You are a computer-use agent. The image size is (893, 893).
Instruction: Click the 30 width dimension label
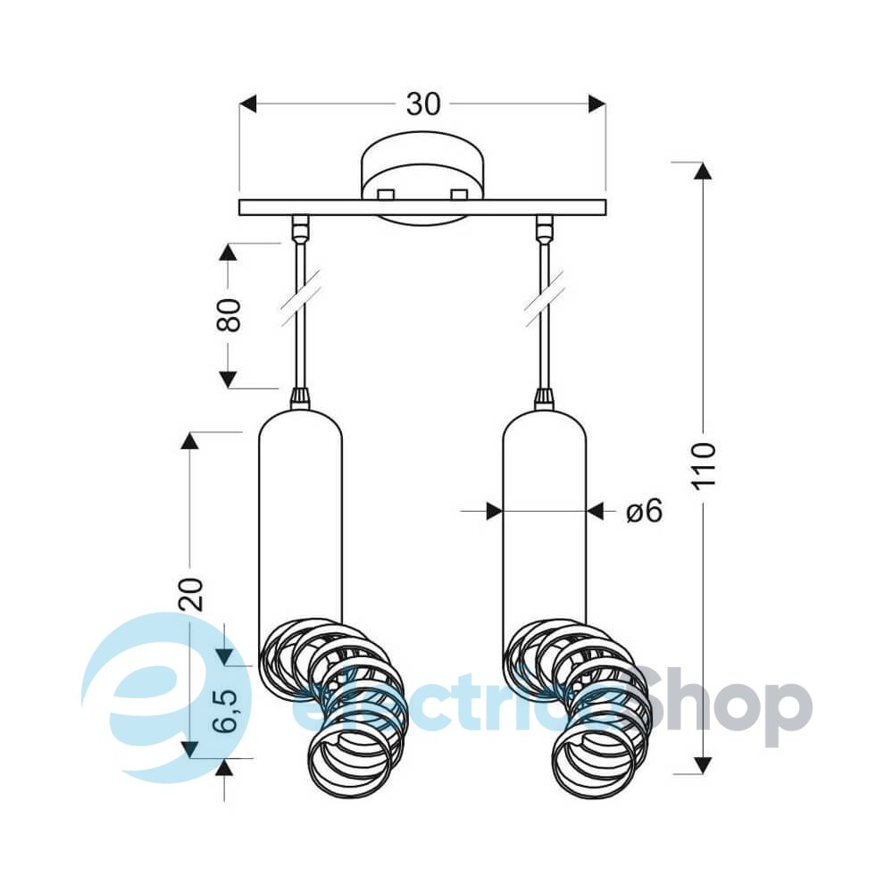tap(423, 104)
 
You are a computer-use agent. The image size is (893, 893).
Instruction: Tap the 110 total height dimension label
tap(704, 464)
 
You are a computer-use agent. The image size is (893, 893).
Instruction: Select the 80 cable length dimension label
tap(229, 314)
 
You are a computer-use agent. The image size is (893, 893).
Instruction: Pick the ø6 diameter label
tap(645, 510)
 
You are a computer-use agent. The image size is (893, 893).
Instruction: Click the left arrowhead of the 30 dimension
tap(248, 104)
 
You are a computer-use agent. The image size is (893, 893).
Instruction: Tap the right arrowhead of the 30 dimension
tap(597, 104)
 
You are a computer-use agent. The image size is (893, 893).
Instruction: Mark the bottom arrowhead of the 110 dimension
tap(704, 765)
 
